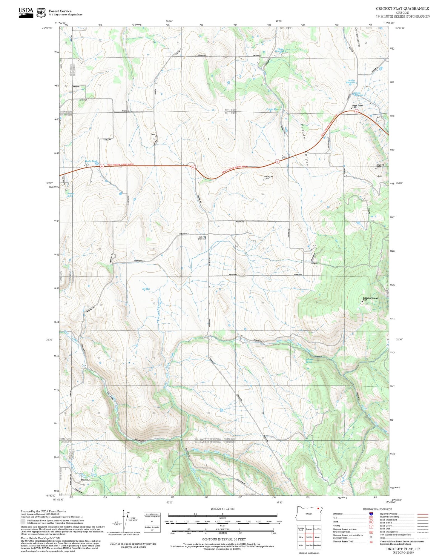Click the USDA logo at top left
(x=26, y=12)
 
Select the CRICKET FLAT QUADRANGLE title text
(x=402, y=9)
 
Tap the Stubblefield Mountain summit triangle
(x=362, y=301)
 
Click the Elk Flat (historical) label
(x=203, y=238)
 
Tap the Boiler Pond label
(x=91, y=162)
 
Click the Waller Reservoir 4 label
(x=352, y=82)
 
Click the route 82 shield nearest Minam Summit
(x=356, y=112)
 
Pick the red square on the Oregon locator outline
(x=318, y=508)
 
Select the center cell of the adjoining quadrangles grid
(x=309, y=537)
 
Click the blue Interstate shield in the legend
(x=371, y=514)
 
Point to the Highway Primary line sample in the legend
(x=421, y=514)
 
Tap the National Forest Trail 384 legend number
(x=371, y=542)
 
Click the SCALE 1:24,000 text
(x=223, y=509)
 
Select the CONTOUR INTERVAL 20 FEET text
(x=224, y=539)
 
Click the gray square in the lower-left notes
(x=23, y=522)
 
